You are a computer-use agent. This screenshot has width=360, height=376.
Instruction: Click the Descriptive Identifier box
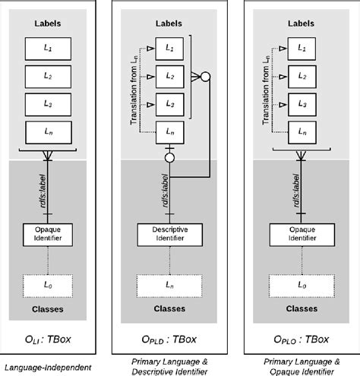point(173,234)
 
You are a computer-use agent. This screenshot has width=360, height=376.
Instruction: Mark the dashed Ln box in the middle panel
point(173,285)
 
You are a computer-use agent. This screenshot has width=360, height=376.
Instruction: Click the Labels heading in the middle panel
point(173,24)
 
